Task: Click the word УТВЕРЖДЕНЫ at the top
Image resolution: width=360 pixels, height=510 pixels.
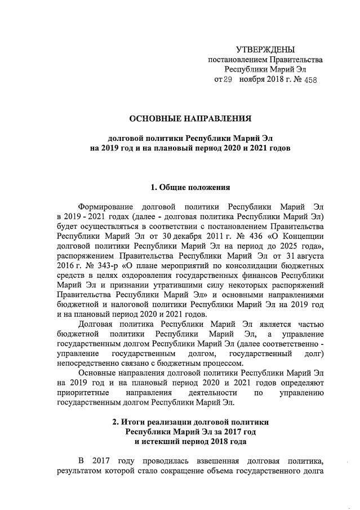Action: point(265,50)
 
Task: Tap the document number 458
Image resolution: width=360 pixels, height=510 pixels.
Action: point(309,80)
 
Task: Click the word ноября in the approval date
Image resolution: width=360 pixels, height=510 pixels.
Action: point(251,80)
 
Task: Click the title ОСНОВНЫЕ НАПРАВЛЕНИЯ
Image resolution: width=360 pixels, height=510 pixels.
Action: point(190,119)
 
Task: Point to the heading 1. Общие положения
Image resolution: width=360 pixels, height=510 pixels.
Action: point(190,187)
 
